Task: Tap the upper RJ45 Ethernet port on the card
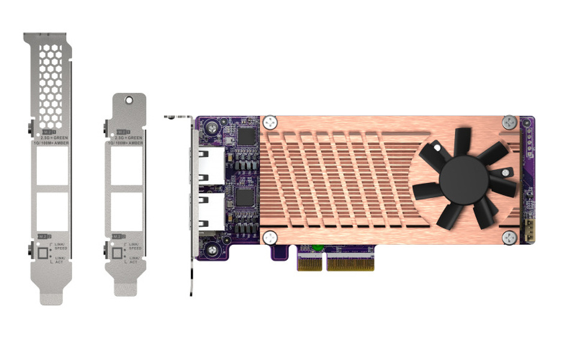tap(208, 165)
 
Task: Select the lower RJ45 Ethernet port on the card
tap(208, 213)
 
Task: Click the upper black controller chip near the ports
tap(247, 136)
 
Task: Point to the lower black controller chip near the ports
tap(247, 197)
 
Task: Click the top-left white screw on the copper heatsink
tap(271, 122)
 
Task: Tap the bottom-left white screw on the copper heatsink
tap(271, 238)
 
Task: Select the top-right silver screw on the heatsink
tap(509, 122)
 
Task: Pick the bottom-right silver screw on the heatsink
tap(509, 238)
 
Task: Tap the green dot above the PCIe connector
tap(318, 247)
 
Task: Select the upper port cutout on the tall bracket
tap(52, 166)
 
